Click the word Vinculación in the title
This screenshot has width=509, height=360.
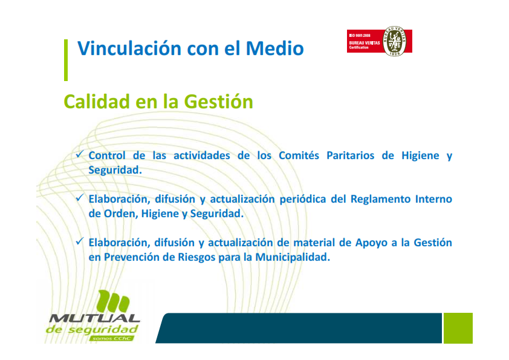click(x=129, y=48)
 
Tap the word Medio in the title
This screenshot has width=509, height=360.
click(x=274, y=48)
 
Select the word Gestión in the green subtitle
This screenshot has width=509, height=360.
click(x=218, y=102)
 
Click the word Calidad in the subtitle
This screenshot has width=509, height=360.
click(x=97, y=102)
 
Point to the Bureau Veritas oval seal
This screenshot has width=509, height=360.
click(x=394, y=41)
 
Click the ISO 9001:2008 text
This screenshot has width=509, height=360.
click(x=359, y=36)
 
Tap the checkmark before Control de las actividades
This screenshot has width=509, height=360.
click(x=80, y=154)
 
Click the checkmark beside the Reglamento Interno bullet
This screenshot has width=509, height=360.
click(x=80, y=197)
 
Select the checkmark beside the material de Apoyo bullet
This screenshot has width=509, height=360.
click(x=80, y=241)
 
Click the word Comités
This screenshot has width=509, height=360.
click(x=299, y=155)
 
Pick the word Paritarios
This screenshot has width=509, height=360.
click(x=350, y=155)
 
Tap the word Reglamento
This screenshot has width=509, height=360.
click(x=380, y=199)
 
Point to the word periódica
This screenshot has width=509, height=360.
click(x=302, y=199)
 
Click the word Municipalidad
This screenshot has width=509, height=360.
click(x=293, y=257)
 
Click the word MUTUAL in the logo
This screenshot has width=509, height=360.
click(x=94, y=318)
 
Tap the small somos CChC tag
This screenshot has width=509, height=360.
click(x=111, y=339)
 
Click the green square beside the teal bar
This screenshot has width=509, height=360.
click(x=458, y=328)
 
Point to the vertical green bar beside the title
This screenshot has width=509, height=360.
click(x=66, y=60)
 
